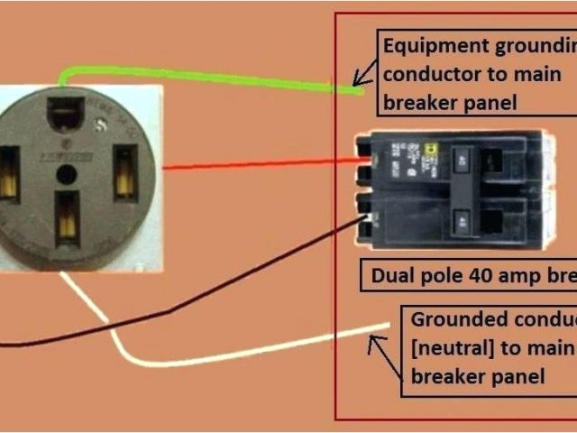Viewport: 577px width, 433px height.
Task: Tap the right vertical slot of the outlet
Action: (x=123, y=172)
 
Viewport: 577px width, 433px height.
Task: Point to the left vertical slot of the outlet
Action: (x=10, y=172)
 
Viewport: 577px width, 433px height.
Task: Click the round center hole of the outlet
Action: (x=66, y=173)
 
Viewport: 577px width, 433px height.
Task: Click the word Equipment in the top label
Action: (x=429, y=45)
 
